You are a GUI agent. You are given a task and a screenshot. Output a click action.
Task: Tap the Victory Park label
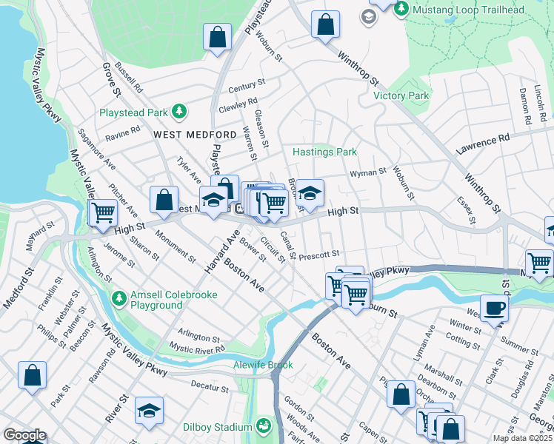401,96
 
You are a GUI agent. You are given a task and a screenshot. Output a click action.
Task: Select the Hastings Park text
324,152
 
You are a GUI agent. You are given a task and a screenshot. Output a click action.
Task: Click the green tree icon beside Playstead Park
178,112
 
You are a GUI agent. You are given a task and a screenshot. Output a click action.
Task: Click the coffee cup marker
494,307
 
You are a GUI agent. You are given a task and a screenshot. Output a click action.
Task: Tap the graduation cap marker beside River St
149,411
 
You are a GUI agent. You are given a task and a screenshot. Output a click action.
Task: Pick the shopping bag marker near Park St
33,375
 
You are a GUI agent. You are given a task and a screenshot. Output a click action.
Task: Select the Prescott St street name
318,255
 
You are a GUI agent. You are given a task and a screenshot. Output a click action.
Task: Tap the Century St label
247,87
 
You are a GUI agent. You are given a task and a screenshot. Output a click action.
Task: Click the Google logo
24,435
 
